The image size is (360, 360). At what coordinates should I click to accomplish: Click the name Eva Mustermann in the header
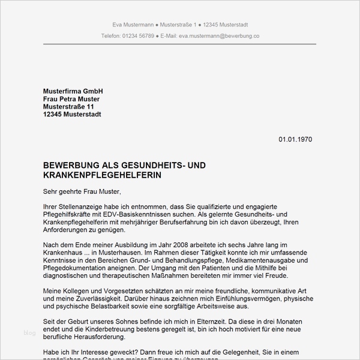[133, 25]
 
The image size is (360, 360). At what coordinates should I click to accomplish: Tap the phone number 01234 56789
[137, 36]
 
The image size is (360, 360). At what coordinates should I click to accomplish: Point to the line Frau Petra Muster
[71, 99]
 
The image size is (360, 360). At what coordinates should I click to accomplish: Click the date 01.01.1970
[295, 139]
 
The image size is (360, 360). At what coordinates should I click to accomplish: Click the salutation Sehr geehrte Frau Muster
[82, 191]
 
